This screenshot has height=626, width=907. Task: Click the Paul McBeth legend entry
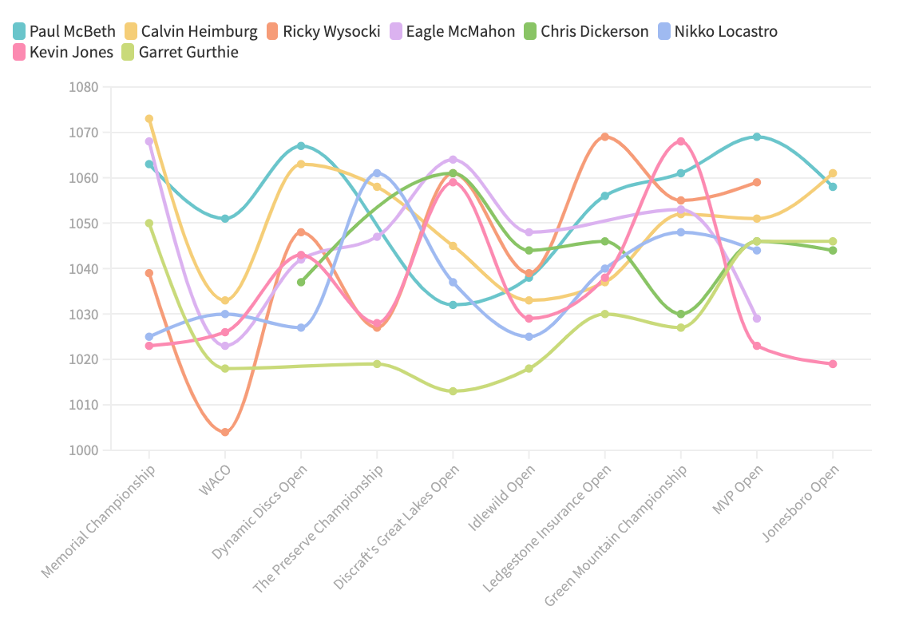tap(72, 32)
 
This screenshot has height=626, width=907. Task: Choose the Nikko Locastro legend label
tap(725, 32)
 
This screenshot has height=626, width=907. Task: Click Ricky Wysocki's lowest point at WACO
tap(225, 432)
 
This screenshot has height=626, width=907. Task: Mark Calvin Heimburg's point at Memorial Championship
tap(149, 119)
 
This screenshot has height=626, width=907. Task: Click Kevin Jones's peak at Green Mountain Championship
tap(681, 141)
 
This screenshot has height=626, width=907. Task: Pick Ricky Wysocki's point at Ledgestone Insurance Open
tap(605, 137)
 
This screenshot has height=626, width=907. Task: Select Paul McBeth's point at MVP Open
tap(757, 137)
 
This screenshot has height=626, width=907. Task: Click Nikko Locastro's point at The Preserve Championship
tap(377, 173)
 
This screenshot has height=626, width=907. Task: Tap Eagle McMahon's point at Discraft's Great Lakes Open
tap(453, 160)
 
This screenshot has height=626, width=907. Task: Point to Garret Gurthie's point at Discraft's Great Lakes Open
tap(453, 391)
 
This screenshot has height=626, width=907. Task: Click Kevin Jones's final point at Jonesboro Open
tap(833, 364)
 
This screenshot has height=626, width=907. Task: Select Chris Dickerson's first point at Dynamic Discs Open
tap(301, 282)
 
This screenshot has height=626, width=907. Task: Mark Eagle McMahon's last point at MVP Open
tap(757, 319)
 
